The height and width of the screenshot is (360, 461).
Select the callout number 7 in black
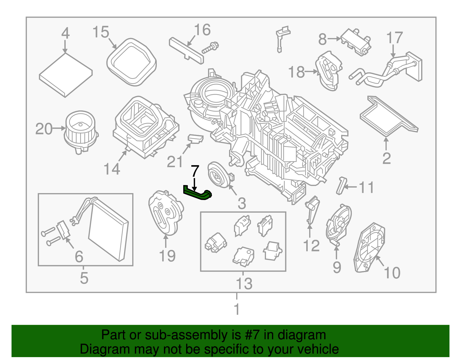(195, 171)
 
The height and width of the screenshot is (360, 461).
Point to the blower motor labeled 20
(81, 131)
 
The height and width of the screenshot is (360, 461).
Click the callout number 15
(101, 32)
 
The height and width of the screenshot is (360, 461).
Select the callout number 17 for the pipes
(394, 38)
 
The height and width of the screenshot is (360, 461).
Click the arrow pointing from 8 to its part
(334, 39)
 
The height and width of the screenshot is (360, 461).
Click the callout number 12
(311, 246)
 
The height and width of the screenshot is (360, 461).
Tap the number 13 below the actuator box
(244, 284)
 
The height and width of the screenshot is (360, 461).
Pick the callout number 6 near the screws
(79, 257)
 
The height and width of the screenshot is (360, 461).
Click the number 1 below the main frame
(237, 309)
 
